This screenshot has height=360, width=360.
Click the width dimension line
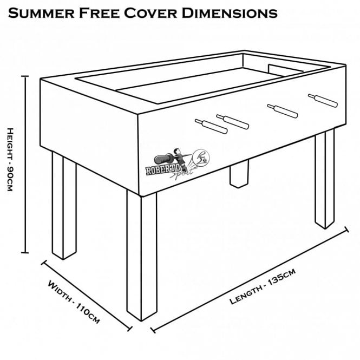click(x=87, y=294)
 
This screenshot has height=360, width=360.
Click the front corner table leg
click(x=141, y=254)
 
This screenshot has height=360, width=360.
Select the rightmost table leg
click(x=324, y=179)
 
